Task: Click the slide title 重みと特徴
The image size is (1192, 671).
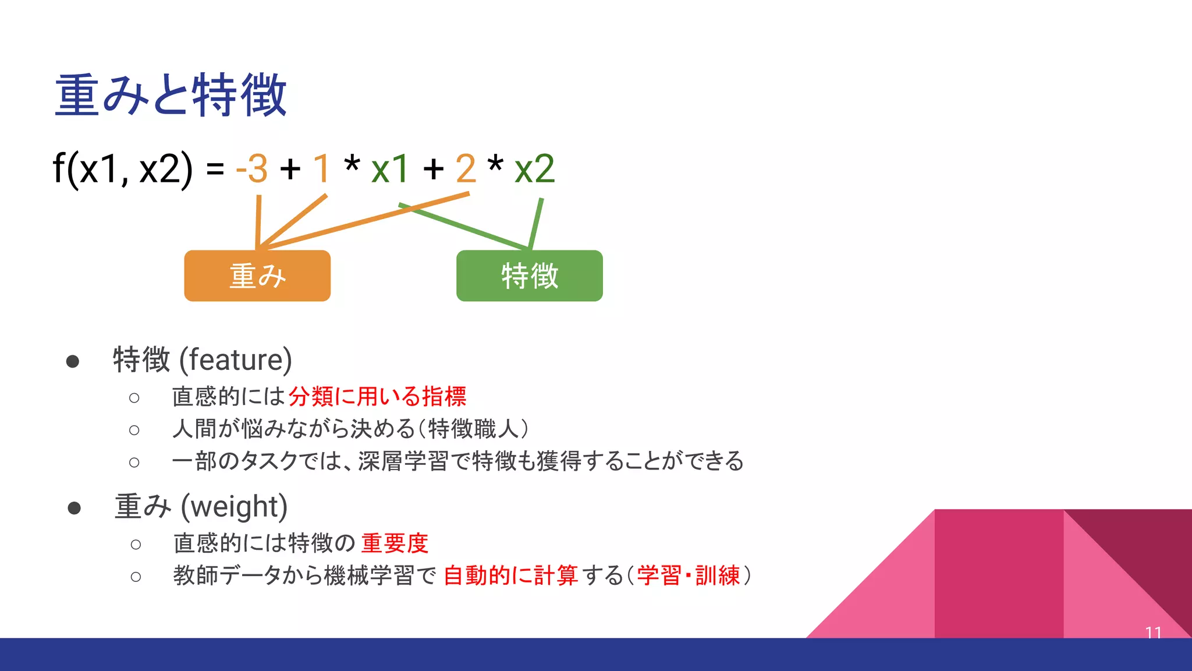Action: point(170,95)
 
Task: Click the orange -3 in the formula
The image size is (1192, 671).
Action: point(252,169)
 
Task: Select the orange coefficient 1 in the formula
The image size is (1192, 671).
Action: point(321,169)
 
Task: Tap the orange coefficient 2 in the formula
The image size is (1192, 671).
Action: point(466,169)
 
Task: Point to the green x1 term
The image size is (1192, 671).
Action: point(390,169)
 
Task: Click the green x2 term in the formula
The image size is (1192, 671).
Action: point(534,169)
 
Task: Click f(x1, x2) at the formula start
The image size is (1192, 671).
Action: point(122,169)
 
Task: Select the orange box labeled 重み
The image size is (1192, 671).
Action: point(257,276)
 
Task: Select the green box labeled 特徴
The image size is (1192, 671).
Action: point(529,276)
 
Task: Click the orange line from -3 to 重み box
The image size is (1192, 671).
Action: point(258,221)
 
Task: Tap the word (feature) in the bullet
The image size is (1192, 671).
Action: point(235,359)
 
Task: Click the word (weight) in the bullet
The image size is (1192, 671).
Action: point(234,507)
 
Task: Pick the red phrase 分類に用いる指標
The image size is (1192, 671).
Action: point(377,397)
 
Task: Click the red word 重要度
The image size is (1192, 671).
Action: point(395,543)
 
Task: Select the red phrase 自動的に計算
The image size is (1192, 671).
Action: point(510,575)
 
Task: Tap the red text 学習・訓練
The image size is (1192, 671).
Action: point(688,575)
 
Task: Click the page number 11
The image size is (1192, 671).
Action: point(1153,632)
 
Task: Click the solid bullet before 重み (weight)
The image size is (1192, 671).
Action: point(74,508)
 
